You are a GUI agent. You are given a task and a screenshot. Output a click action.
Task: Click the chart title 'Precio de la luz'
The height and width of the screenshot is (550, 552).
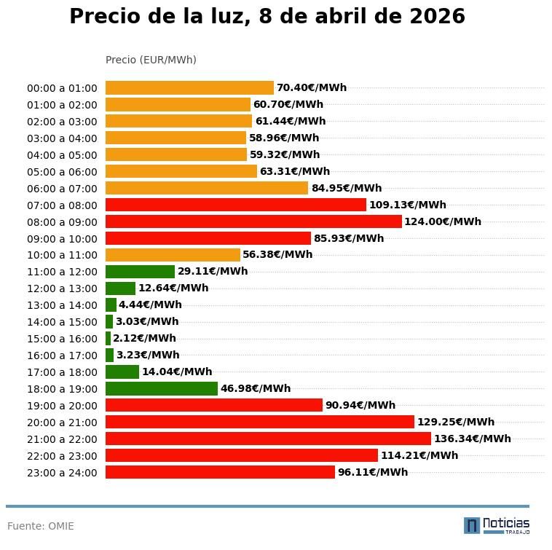pyautogui.click(x=267, y=17)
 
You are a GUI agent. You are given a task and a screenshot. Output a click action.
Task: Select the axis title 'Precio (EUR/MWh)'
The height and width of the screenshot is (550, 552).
pyautogui.click(x=151, y=60)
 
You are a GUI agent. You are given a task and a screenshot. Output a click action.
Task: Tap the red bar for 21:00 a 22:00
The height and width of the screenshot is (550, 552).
pyautogui.click(x=268, y=439)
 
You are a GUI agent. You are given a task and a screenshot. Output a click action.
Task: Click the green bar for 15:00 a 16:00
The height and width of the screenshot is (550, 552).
pyautogui.click(x=108, y=339)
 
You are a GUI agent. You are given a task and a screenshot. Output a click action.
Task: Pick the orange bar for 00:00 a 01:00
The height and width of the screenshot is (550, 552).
pyautogui.click(x=189, y=88)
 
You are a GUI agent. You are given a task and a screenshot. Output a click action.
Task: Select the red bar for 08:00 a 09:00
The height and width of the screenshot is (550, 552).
pyautogui.click(x=253, y=221)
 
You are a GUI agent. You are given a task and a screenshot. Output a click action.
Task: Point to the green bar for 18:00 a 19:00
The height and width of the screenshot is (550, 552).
pyautogui.click(x=162, y=388)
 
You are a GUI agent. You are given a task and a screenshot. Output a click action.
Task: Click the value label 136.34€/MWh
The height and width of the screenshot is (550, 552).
pyautogui.click(x=472, y=439)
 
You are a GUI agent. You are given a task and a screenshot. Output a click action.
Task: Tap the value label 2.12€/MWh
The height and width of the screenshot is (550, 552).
pyautogui.click(x=144, y=339)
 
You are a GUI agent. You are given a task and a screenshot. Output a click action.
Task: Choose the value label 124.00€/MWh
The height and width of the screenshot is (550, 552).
pyautogui.click(x=443, y=221)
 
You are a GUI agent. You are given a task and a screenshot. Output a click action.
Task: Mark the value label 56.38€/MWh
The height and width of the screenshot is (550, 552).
pyautogui.click(x=277, y=255)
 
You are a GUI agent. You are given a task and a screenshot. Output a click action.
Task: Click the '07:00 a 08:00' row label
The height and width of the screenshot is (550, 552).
pyautogui.click(x=62, y=205)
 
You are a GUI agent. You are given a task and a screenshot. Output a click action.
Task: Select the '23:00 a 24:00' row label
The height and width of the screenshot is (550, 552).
pyautogui.click(x=62, y=473)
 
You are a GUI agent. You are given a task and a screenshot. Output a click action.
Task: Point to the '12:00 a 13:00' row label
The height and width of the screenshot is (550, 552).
pyautogui.click(x=62, y=288)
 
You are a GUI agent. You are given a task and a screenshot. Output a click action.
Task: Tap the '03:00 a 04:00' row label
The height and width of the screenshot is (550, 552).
pyautogui.click(x=62, y=138)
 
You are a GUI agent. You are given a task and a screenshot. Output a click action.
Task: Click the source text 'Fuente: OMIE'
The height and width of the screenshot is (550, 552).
pyautogui.click(x=41, y=526)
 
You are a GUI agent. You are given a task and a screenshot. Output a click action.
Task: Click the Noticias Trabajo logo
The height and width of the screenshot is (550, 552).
pyautogui.click(x=497, y=525)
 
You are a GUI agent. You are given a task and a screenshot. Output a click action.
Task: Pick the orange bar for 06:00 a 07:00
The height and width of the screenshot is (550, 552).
pyautogui.click(x=207, y=188)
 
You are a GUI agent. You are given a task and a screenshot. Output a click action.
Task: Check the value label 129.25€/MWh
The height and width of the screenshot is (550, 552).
pyautogui.click(x=455, y=422)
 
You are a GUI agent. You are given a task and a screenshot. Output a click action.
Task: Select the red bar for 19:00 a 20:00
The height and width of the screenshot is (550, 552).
pyautogui.click(x=214, y=405)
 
